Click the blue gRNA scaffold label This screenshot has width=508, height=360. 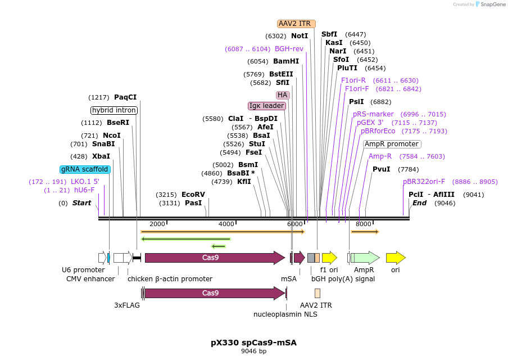point(85,169)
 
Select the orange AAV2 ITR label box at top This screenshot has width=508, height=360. point(297,24)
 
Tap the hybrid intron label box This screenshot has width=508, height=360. point(114,110)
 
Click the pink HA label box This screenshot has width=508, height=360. point(282,95)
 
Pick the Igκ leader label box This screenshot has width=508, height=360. point(267,106)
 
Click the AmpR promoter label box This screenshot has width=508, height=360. point(392,144)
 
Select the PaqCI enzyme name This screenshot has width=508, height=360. point(125,97)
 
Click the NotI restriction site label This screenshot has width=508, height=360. point(300,36)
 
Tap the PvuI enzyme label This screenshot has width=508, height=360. point(381,169)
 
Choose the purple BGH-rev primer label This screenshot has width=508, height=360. point(289,49)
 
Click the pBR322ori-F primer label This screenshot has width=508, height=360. point(424,182)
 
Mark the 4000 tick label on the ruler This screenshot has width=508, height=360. point(226,224)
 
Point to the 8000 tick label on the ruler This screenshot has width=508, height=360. point(363,224)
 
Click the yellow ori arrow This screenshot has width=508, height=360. point(396,258)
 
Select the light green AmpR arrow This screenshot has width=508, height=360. point(365,258)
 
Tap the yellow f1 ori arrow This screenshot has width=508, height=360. point(329,258)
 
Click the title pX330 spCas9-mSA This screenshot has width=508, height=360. point(253,342)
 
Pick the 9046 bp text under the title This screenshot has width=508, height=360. point(253,352)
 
